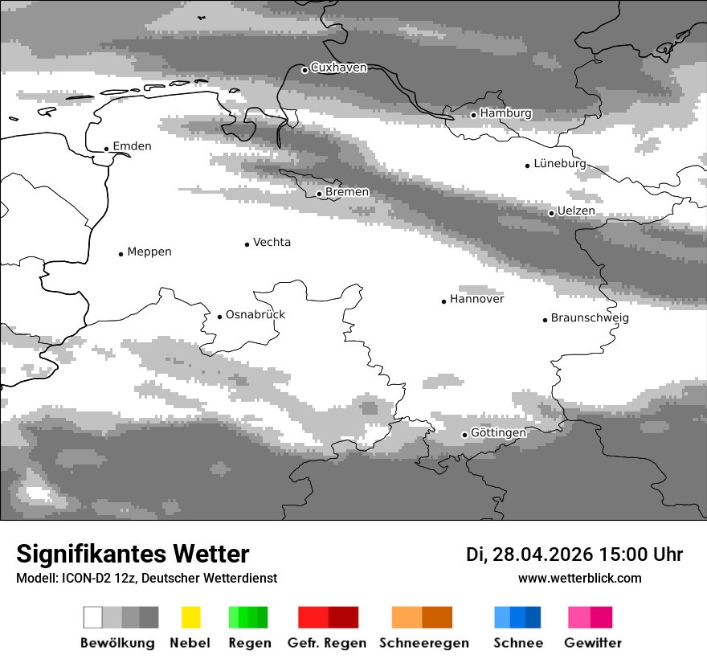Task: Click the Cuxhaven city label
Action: coord(338,68)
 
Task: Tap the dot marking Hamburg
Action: coord(473,115)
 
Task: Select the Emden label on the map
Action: coord(132,146)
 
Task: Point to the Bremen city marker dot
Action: coord(319,194)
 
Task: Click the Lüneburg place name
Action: coord(560,163)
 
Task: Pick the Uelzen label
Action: coord(576,211)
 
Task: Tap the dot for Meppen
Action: coord(121,254)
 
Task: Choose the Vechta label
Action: coord(272,242)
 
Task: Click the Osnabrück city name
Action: coord(255,314)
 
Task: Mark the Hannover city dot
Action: coord(443,301)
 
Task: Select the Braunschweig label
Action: coord(590,317)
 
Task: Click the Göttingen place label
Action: coord(498,432)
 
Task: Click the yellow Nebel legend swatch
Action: coord(190,617)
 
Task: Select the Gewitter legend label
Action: coord(593,643)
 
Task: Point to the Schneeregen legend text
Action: coord(423,643)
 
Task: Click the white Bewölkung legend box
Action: coord(93,617)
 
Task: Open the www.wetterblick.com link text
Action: coord(579,578)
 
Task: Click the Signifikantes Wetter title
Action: coord(133,554)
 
